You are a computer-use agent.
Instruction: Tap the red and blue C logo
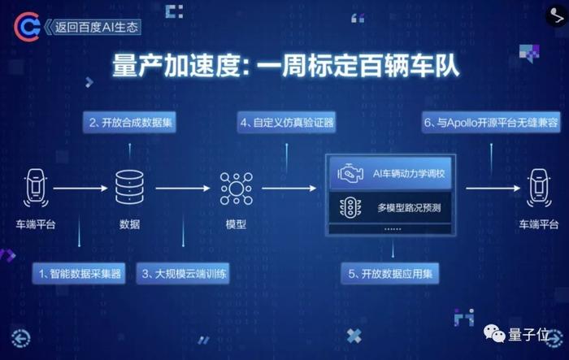27,27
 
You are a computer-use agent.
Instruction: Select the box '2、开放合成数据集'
129,123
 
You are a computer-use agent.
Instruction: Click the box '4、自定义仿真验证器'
286,123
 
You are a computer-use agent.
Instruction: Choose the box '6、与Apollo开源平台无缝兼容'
491,123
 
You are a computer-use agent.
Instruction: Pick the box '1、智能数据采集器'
79,273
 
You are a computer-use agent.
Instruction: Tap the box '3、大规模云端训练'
183,273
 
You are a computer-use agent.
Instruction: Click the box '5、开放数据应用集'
390,273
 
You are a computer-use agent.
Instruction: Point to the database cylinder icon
129,187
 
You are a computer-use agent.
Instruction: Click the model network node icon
237,189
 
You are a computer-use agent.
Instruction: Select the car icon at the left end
36,188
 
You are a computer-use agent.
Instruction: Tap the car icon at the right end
539,188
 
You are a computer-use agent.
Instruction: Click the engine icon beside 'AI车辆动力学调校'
350,174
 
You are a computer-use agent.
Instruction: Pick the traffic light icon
350,208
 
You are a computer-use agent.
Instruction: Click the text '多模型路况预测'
409,208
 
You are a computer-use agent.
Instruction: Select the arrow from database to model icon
183,189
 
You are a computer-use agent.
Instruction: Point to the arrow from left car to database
80,189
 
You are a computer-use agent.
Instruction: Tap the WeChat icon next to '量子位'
494,333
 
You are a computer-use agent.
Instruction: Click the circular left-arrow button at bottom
21,338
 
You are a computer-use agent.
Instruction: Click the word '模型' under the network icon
237,224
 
